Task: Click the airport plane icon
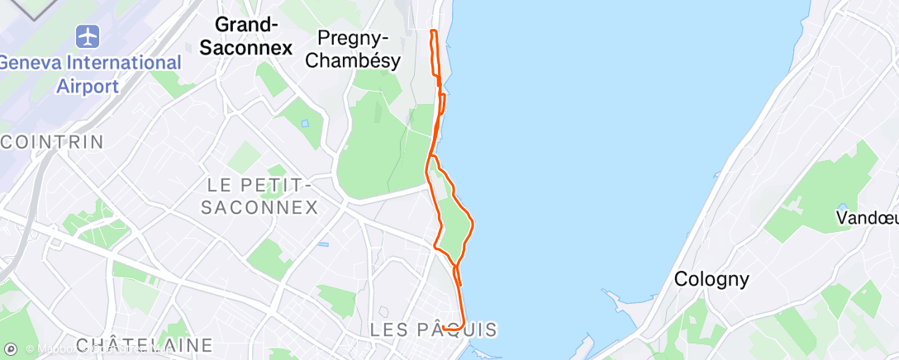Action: pyautogui.click(x=87, y=36)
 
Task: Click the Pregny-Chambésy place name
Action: pyautogui.click(x=359, y=50)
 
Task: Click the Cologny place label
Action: pyautogui.click(x=711, y=279)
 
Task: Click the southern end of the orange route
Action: pyautogui.click(x=444, y=328)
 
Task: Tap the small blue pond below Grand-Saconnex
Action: pyautogui.click(x=305, y=124)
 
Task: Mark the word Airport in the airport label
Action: pyautogui.click(x=88, y=85)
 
